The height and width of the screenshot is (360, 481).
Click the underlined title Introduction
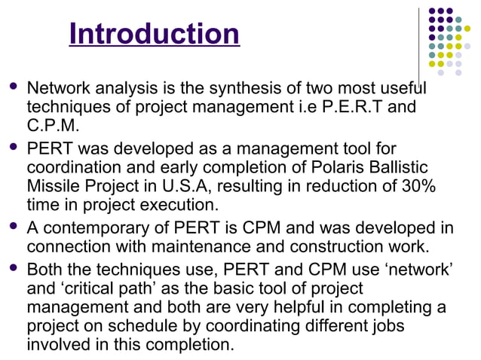pos(154,34)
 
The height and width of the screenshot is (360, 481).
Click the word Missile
pos(54,185)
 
